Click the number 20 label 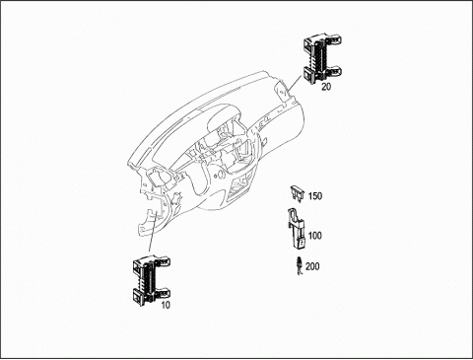pos(326,87)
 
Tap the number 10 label pos(166,305)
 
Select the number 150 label pos(315,196)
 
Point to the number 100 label pos(315,236)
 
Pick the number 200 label pos(312,266)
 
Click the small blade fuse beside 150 pos(298,192)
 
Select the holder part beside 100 pos(297,228)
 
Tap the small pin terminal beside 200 pos(300,265)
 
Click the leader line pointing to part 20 pos(295,83)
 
